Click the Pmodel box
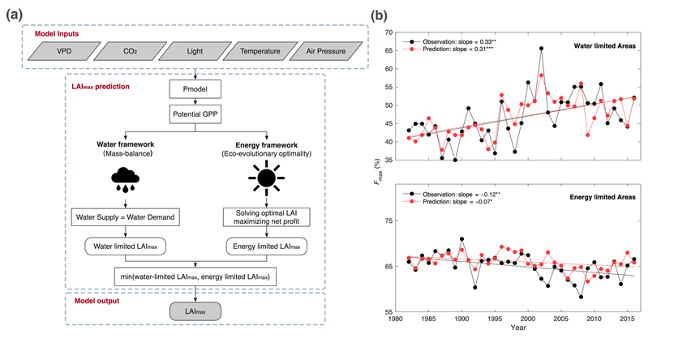(x=195, y=86)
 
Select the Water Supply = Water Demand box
(x=125, y=217)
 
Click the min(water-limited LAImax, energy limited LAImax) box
(x=195, y=278)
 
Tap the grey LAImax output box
(x=195, y=312)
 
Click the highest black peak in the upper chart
(x=541, y=49)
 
